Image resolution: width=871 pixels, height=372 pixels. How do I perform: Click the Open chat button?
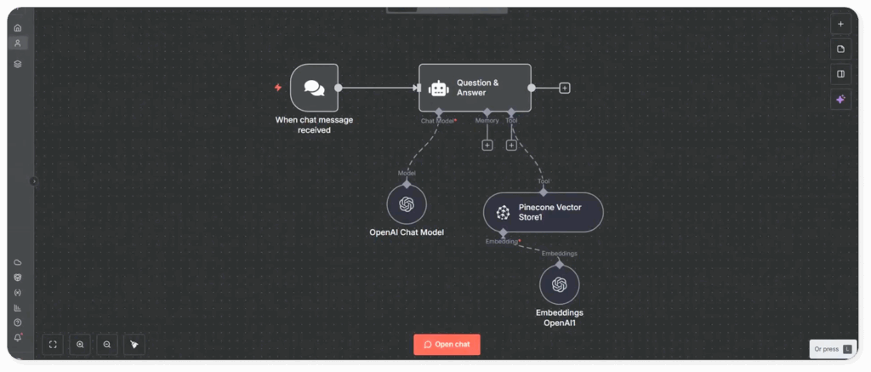[447, 344]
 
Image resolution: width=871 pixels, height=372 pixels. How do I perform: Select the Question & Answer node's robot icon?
[438, 88]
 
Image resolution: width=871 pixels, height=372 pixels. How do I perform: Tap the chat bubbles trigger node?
[314, 88]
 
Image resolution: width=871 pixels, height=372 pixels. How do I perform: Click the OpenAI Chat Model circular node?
[407, 204]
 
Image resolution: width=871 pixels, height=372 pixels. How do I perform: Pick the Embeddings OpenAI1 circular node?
[559, 285]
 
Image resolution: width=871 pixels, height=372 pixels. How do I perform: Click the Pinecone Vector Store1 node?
[543, 212]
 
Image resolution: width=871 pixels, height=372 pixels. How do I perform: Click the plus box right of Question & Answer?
[565, 88]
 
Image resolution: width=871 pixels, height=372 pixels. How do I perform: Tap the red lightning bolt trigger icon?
[277, 87]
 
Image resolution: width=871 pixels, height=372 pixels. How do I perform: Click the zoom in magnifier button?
[80, 344]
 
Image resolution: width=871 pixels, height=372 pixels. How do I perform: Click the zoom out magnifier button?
[107, 344]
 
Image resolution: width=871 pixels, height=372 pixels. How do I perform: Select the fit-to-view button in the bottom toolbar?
[53, 344]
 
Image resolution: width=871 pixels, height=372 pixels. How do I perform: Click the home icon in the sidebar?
[18, 27]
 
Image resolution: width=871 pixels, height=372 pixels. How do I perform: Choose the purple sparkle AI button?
[840, 100]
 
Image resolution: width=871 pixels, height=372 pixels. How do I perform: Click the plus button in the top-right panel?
[840, 24]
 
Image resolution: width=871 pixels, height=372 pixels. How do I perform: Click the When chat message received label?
[314, 125]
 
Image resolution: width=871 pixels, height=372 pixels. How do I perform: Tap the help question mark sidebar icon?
[18, 323]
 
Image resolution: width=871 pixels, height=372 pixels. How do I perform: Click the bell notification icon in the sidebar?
[18, 338]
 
